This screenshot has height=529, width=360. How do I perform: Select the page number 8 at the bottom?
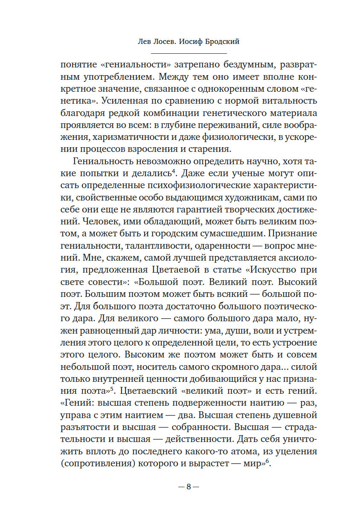pyautogui.click(x=188, y=487)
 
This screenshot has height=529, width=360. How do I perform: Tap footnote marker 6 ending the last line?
pyautogui.click(x=268, y=462)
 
